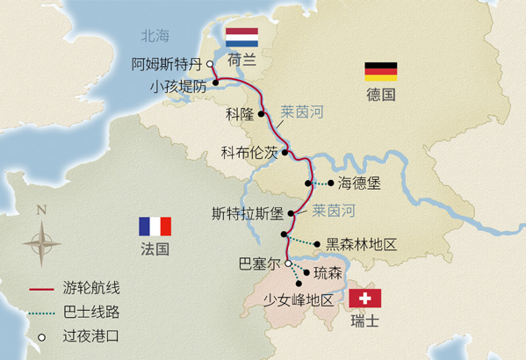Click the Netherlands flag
[241, 38]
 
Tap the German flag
[381, 70]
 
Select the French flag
[155, 226]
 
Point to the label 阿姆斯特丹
[166, 64]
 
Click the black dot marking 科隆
[261, 113]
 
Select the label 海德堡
[357, 184]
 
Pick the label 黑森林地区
[362, 244]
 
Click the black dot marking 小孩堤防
[213, 86]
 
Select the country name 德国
[381, 93]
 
